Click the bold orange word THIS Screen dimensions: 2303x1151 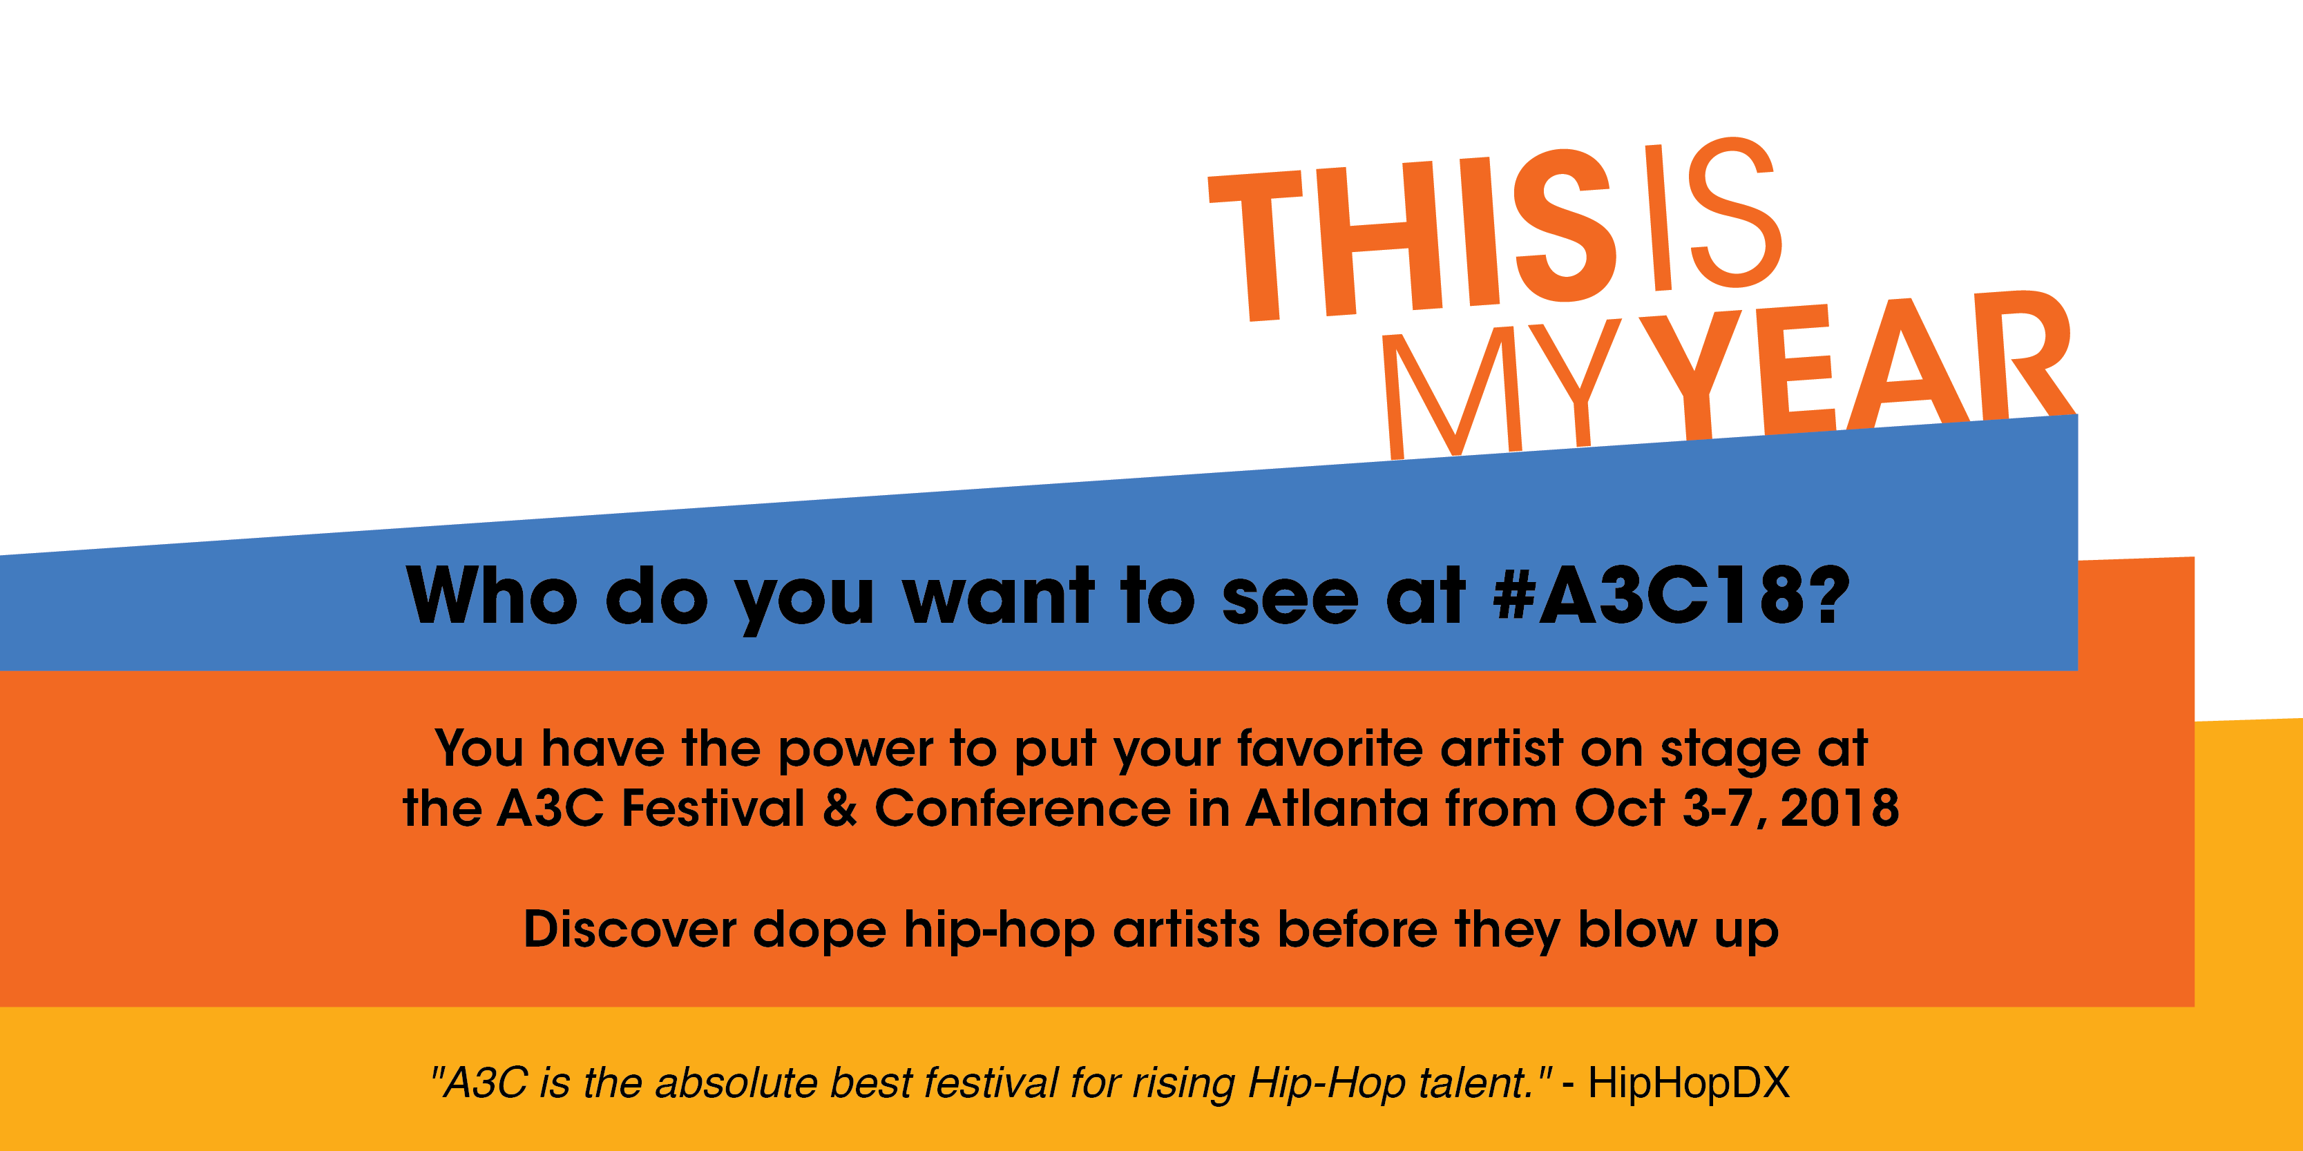[1413, 237]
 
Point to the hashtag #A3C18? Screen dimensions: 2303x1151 [1671, 596]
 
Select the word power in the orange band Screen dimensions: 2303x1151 [856, 749]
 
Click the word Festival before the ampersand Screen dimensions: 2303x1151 [714, 808]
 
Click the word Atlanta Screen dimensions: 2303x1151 [1337, 808]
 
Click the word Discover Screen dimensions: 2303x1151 [629, 929]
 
